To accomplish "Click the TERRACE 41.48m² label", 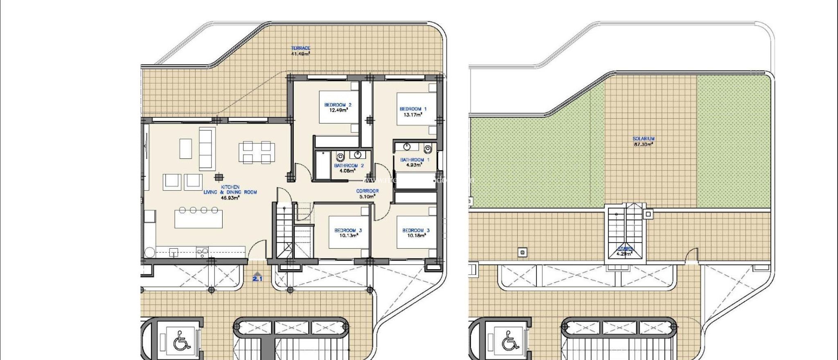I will click(300, 51).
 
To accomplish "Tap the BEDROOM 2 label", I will click(338, 107).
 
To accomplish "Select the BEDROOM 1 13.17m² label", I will click(413, 112).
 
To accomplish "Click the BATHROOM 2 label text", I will click(349, 168).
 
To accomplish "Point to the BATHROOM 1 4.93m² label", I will click(414, 162).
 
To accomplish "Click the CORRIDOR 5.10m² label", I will click(367, 193).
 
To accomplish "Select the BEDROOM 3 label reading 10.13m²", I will click(348, 233).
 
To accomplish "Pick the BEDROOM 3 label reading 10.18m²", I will click(416, 233).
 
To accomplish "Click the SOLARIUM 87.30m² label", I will click(643, 142).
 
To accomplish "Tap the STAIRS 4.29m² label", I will click(625, 251).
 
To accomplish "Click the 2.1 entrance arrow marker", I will click(257, 277).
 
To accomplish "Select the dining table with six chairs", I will click(257, 152).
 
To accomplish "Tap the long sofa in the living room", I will click(207, 148).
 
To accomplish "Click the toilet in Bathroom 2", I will click(340, 157).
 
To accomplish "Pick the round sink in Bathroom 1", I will click(407, 146).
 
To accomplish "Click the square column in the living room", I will click(219, 177).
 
